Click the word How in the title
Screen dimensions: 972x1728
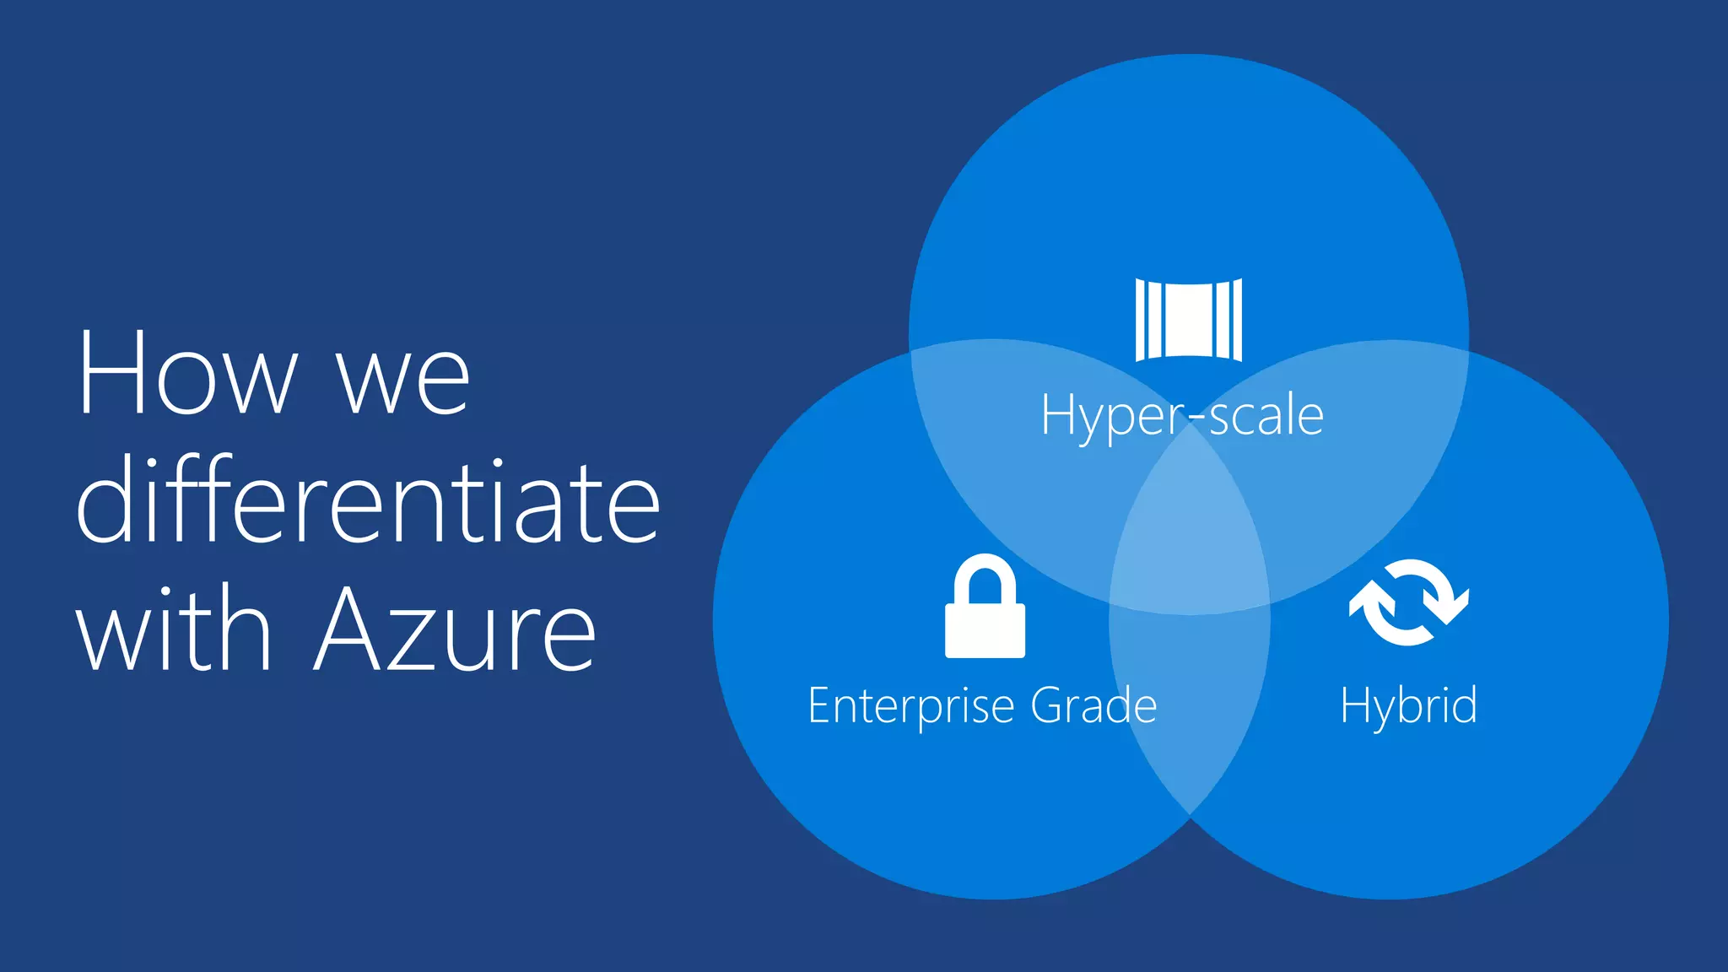click(187, 373)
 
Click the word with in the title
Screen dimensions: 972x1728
click(174, 629)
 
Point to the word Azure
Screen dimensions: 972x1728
click(456, 631)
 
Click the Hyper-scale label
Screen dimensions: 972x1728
click(1182, 415)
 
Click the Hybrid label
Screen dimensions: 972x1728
click(1408, 705)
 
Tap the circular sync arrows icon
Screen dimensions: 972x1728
click(1408, 602)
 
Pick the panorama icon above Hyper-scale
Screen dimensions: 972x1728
click(1188, 320)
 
